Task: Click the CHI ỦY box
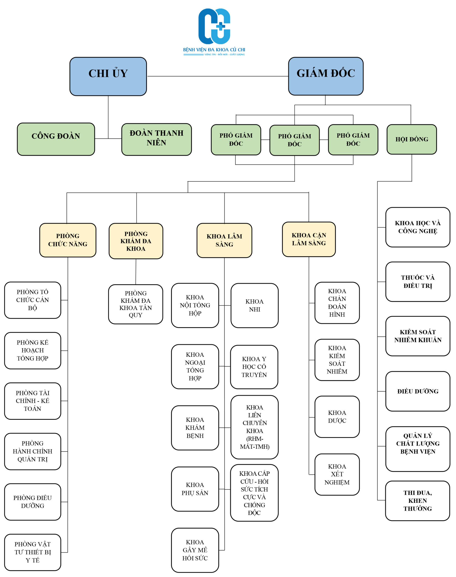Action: [x=108, y=76]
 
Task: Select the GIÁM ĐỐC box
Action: [x=325, y=76]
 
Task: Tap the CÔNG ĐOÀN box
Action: [x=56, y=139]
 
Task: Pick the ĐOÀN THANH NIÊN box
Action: [x=157, y=139]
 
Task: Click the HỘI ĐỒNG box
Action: [x=411, y=139]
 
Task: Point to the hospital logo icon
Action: [x=214, y=26]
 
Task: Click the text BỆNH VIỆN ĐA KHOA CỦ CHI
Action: [x=214, y=50]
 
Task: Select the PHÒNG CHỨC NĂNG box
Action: [x=68, y=240]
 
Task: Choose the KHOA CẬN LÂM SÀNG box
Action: [x=309, y=239]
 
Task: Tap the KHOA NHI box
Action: [x=254, y=305]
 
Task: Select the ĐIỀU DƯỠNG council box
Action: [x=417, y=391]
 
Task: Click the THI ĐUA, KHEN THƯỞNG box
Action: [x=417, y=501]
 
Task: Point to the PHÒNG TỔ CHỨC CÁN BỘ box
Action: [x=33, y=300]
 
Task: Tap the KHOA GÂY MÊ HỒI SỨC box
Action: [x=195, y=550]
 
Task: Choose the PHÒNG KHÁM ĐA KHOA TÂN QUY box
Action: [x=136, y=304]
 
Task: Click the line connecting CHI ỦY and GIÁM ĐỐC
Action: [x=217, y=76]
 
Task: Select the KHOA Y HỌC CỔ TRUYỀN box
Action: [x=254, y=367]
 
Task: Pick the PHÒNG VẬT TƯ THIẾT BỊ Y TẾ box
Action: [x=33, y=552]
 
